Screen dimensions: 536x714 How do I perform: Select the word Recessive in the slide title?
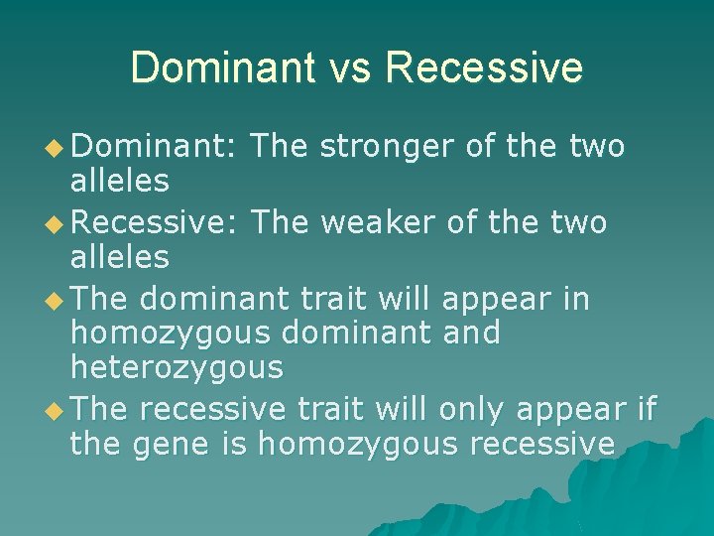pos(483,67)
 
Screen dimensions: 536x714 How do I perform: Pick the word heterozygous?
pos(177,368)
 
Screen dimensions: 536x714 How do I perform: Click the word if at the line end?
pos(647,407)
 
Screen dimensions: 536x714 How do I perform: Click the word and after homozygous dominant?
pos(471,333)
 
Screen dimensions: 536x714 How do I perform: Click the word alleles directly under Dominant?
pos(119,182)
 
